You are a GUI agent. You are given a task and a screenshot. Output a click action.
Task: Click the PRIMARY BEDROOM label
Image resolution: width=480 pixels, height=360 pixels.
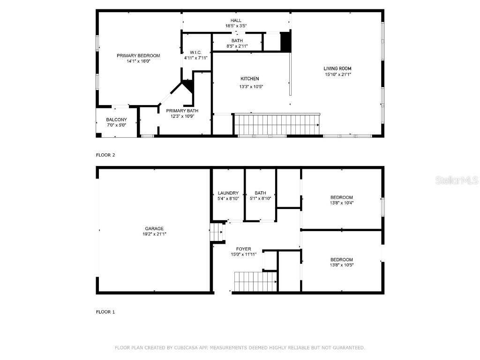click(138, 56)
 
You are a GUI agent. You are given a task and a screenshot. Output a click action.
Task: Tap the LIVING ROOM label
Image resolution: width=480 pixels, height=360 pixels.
click(337, 68)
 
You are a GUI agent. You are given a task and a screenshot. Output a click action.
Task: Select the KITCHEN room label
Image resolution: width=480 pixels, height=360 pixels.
click(250, 79)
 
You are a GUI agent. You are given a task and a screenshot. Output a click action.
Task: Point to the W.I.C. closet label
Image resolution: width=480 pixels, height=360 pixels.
click(195, 52)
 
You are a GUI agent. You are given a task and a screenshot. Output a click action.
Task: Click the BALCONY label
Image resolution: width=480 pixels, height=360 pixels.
click(116, 120)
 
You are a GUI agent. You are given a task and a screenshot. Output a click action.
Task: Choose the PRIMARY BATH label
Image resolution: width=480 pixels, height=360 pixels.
click(182, 111)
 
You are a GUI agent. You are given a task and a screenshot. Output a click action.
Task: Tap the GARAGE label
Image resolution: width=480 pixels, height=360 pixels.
click(154, 229)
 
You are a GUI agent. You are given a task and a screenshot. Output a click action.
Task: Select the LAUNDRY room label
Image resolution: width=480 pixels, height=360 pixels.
click(228, 193)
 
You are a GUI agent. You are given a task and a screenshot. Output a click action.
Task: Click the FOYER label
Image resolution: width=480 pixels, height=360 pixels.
click(243, 249)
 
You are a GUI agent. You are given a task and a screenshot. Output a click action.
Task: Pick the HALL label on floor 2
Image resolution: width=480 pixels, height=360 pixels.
click(236, 20)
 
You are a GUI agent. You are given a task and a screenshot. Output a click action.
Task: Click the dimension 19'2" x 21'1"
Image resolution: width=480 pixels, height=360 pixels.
click(154, 234)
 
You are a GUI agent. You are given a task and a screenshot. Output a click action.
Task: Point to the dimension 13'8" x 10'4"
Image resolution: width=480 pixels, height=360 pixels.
click(341, 203)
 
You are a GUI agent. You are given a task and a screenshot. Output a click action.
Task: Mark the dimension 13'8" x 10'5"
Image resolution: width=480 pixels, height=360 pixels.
click(341, 265)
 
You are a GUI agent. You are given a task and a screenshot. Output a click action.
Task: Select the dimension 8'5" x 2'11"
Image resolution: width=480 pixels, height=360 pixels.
click(237, 46)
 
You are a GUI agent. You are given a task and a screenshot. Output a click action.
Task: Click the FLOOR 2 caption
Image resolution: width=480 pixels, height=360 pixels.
click(105, 155)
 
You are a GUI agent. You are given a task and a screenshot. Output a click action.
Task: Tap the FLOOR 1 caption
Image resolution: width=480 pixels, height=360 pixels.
click(105, 312)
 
